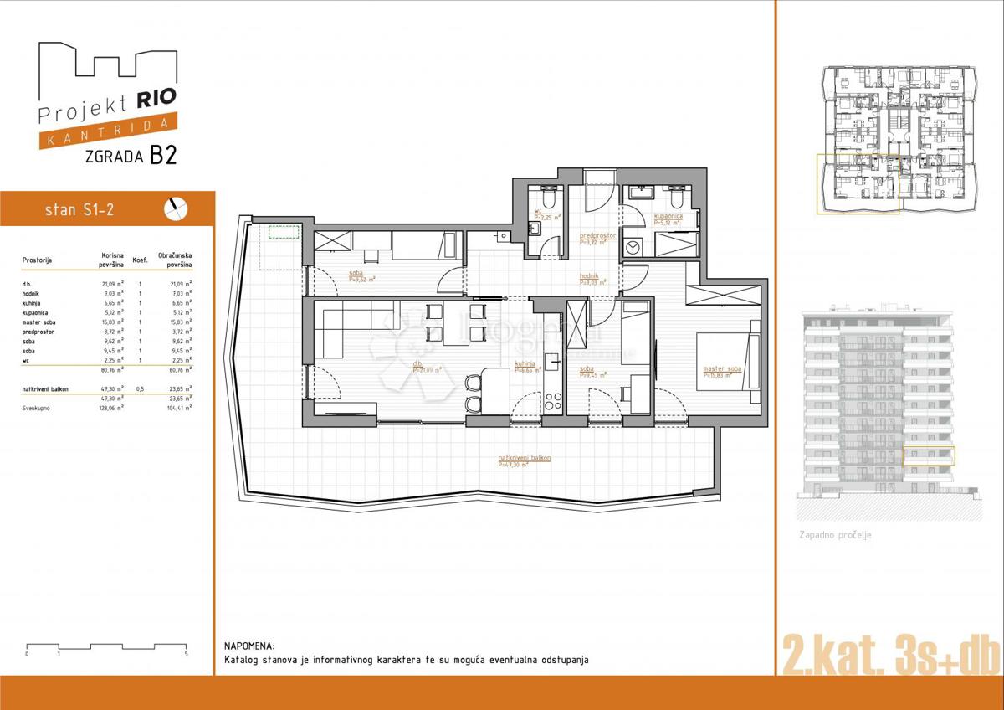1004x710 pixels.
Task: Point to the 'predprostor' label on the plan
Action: (x=597, y=236)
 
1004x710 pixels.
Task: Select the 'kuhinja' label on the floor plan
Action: (x=525, y=364)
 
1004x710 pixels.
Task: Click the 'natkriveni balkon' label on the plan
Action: (x=524, y=459)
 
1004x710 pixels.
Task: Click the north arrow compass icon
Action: (x=177, y=208)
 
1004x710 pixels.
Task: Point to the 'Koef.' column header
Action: (x=141, y=260)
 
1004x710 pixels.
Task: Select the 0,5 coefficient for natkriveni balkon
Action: (x=141, y=389)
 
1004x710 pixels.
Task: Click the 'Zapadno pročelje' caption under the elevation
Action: (x=835, y=534)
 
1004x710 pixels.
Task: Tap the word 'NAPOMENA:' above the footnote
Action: (x=249, y=646)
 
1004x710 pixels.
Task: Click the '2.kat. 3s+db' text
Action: (x=889, y=653)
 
